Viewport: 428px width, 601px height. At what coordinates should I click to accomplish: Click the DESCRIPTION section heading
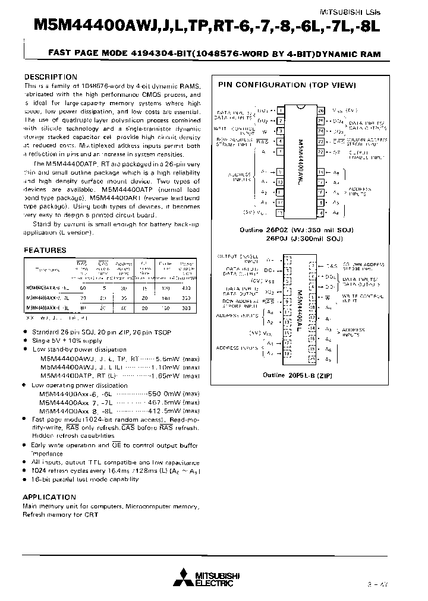tap(50, 77)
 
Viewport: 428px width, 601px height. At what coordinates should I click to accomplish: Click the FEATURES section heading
tap(45, 251)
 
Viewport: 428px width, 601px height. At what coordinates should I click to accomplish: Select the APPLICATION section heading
tap(49, 496)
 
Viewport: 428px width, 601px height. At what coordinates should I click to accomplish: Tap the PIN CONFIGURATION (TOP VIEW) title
tap(287, 86)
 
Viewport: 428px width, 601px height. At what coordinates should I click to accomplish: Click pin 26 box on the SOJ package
tap(321, 110)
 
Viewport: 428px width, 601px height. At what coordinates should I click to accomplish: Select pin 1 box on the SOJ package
tap(280, 110)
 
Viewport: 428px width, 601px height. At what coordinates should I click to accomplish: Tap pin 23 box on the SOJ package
tap(321, 142)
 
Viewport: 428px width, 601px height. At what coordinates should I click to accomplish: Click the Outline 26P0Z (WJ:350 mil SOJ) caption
tap(288, 229)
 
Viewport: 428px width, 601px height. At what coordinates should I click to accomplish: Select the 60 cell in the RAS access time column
tap(82, 286)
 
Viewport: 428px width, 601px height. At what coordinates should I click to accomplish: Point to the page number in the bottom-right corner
tap(402, 585)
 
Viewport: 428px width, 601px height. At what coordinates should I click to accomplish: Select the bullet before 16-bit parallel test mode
tap(26, 477)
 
